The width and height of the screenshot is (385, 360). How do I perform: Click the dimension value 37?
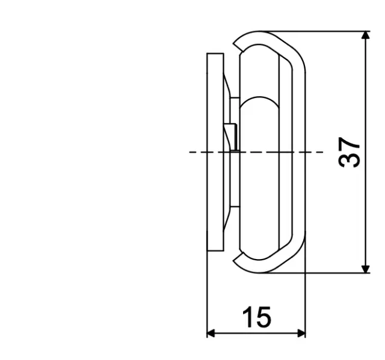click(x=350, y=152)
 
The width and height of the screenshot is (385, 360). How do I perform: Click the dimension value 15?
click(x=256, y=317)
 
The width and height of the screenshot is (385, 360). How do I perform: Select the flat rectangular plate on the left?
click(x=215, y=152)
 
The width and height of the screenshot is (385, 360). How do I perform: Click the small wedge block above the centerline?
click(x=230, y=135)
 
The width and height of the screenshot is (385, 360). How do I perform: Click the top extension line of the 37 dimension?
click(x=325, y=31)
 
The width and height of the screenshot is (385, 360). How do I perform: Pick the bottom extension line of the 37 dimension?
click(x=325, y=273)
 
